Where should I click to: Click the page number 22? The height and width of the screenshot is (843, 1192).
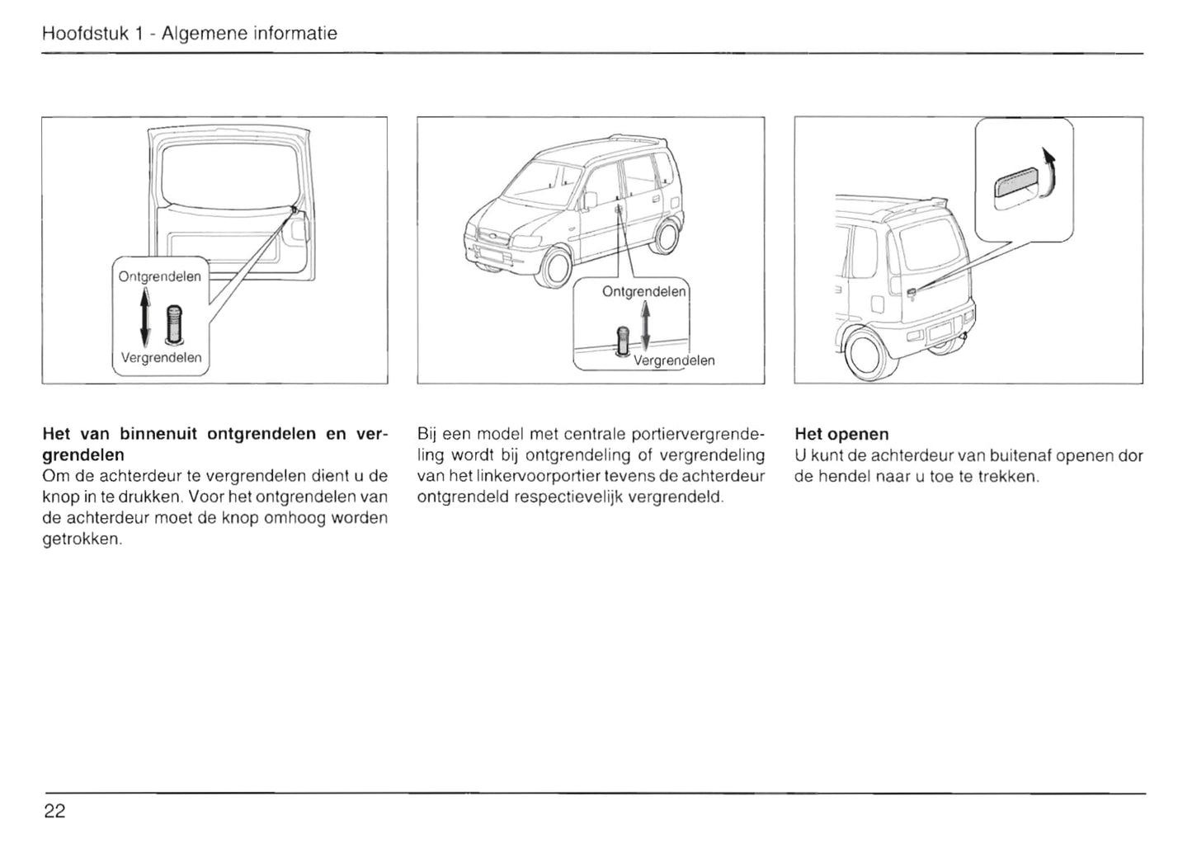54,811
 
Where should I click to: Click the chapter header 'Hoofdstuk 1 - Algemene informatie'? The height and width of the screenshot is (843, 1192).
189,34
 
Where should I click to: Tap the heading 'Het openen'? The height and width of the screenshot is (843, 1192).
841,434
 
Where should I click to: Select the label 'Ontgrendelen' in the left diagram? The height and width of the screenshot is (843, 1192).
159,276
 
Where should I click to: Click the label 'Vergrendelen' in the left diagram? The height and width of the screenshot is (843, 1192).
161,358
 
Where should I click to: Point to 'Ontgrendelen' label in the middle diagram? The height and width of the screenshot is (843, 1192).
643,291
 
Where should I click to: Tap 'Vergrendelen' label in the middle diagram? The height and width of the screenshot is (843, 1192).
673,360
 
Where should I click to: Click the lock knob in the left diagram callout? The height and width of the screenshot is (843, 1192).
173,324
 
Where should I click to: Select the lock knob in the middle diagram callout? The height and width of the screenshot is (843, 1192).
624,340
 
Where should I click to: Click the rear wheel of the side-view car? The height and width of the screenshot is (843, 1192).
666,236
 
